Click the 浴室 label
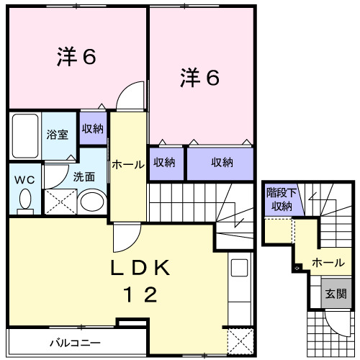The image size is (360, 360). [x=58, y=134]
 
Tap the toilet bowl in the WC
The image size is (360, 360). [x=25, y=199]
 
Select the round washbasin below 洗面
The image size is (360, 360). [x=92, y=202]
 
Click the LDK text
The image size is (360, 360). [x=140, y=268]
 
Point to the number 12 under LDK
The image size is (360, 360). [x=140, y=294]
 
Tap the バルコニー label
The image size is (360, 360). [x=75, y=342]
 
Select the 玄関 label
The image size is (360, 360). [x=336, y=294]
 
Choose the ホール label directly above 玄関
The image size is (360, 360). [x=328, y=263]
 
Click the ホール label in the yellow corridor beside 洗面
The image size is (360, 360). [x=128, y=165]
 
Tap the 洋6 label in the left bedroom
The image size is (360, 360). [x=76, y=58]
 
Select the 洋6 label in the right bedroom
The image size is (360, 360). [x=199, y=78]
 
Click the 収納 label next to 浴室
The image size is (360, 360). [x=92, y=129]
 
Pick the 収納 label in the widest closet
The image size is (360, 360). [x=222, y=163]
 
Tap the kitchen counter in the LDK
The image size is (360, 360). [x=239, y=292]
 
